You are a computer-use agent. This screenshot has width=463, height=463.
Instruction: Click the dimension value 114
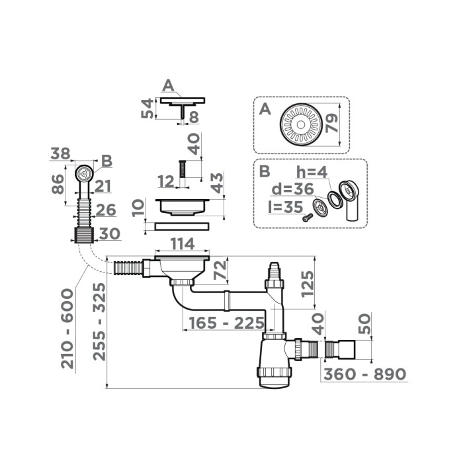point(182,244)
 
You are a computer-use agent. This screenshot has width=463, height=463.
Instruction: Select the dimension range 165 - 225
point(223,324)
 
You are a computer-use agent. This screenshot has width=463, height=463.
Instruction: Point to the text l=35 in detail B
point(282,205)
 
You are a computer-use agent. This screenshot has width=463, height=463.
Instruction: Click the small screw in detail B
point(306,217)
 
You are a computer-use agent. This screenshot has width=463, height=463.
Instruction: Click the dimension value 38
point(61,153)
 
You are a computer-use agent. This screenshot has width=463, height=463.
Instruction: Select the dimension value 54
point(148,108)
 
